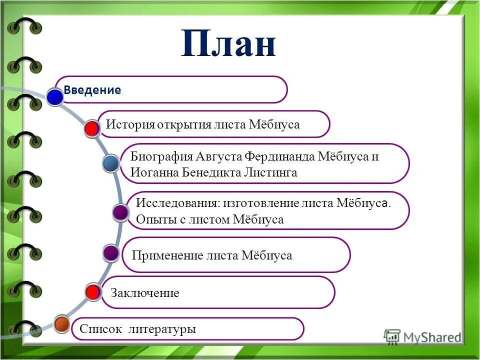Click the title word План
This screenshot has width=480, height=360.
click(x=228, y=44)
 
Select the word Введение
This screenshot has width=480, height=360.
click(x=92, y=90)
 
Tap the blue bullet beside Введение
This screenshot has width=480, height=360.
click(x=55, y=97)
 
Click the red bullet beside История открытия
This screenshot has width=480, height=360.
click(x=91, y=128)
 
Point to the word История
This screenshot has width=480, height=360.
click(x=129, y=124)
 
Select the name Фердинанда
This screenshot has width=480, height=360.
click(x=279, y=156)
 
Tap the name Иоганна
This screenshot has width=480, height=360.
click(x=152, y=173)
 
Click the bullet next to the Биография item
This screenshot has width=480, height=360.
click(x=110, y=163)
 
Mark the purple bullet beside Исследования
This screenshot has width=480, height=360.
click(x=120, y=213)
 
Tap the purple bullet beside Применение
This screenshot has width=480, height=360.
click(x=111, y=253)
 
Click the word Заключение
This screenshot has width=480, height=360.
click(x=144, y=293)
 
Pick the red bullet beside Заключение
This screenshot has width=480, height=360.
click(x=92, y=292)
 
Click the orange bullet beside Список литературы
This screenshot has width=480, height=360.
click(x=61, y=324)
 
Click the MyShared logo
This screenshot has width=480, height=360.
click(x=422, y=337)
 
